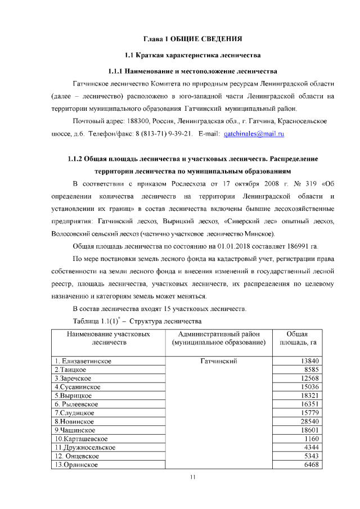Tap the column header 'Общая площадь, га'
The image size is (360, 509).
304,338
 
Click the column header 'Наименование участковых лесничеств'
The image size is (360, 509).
109,338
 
